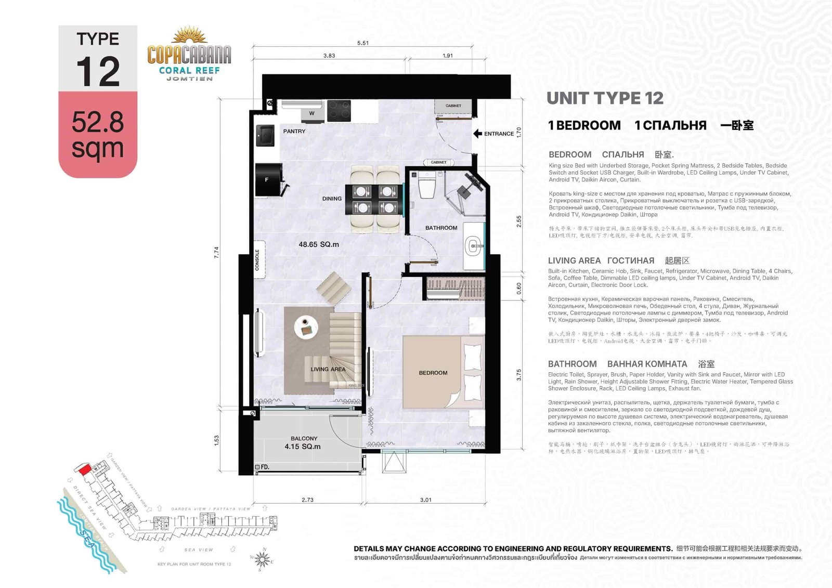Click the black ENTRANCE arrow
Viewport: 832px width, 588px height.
(x=477, y=134)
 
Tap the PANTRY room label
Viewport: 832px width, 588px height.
(x=294, y=132)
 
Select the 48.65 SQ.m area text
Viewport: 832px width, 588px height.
(x=318, y=244)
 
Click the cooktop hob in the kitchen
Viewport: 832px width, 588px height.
(x=339, y=110)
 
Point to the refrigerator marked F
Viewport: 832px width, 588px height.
(x=267, y=180)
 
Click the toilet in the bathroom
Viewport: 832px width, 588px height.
(x=427, y=186)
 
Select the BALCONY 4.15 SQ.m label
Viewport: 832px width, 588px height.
(x=303, y=443)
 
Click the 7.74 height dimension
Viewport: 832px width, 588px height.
(x=217, y=253)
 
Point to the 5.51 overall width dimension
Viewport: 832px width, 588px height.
(x=363, y=43)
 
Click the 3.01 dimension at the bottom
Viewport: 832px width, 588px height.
(x=425, y=500)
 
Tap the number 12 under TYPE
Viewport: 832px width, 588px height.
(x=98, y=72)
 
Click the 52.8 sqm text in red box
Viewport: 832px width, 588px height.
(x=98, y=135)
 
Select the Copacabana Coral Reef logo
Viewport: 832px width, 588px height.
(x=189, y=55)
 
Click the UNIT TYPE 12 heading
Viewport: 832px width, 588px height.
(x=605, y=98)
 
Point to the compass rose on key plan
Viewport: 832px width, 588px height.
(x=263, y=560)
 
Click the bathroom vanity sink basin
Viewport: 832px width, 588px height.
(x=473, y=246)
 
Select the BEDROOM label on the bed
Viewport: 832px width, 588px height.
(x=433, y=373)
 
